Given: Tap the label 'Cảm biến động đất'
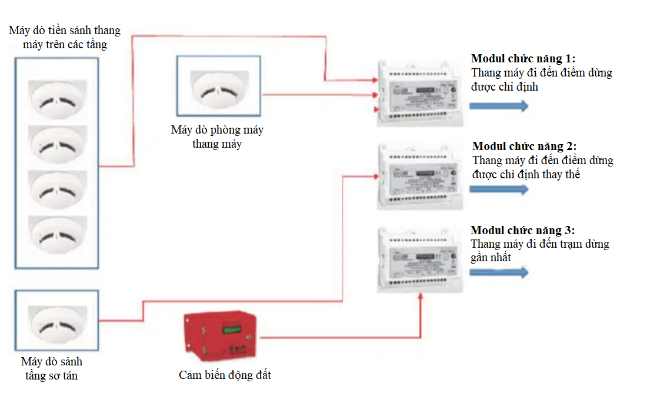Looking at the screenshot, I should [x=225, y=375].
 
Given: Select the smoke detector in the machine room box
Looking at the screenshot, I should [x=219, y=89].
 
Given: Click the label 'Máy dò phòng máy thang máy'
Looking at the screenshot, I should [x=217, y=137].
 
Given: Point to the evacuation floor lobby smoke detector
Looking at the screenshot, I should [x=58, y=322].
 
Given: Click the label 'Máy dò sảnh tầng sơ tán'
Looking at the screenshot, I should [x=52, y=368].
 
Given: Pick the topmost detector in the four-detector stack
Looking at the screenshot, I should [x=58, y=101].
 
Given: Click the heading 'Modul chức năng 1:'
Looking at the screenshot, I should [x=523, y=59].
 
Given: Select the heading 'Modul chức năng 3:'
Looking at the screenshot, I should [x=523, y=231].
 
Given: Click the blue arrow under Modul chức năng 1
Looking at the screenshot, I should [x=498, y=106].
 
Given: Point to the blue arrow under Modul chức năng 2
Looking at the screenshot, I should [x=498, y=189].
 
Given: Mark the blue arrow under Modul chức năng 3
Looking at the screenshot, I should [x=498, y=272].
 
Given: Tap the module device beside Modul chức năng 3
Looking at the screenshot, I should [x=419, y=261].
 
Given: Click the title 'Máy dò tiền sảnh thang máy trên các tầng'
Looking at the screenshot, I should [x=65, y=37].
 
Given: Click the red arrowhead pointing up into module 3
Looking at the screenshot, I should [x=421, y=297].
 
